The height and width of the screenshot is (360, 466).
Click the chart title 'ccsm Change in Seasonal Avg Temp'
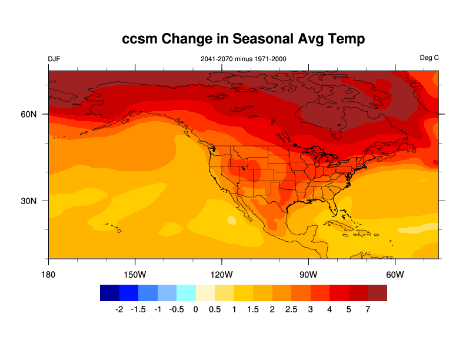tap(244, 39)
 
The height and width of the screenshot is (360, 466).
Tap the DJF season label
tap(54, 58)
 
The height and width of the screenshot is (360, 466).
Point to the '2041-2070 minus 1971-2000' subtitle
tap(244, 59)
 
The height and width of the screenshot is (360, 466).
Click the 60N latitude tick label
tap(29, 114)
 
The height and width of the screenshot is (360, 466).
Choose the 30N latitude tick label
tap(29, 201)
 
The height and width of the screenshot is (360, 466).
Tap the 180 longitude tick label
tap(48, 275)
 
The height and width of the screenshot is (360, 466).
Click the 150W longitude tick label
tap(135, 275)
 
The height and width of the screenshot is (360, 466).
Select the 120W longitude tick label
tap(222, 275)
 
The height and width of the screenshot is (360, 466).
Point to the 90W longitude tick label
tap(308, 275)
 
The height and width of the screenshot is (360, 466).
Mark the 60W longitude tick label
tap(395, 275)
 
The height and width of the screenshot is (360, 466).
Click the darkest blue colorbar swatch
tap(109, 292)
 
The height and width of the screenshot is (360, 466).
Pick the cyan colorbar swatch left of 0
tap(186, 292)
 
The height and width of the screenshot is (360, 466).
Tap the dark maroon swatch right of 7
tap(377, 292)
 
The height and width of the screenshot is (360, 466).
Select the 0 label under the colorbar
tap(195, 309)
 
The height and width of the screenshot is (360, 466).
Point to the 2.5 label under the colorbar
tap(291, 309)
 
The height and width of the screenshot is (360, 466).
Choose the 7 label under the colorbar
tap(368, 309)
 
